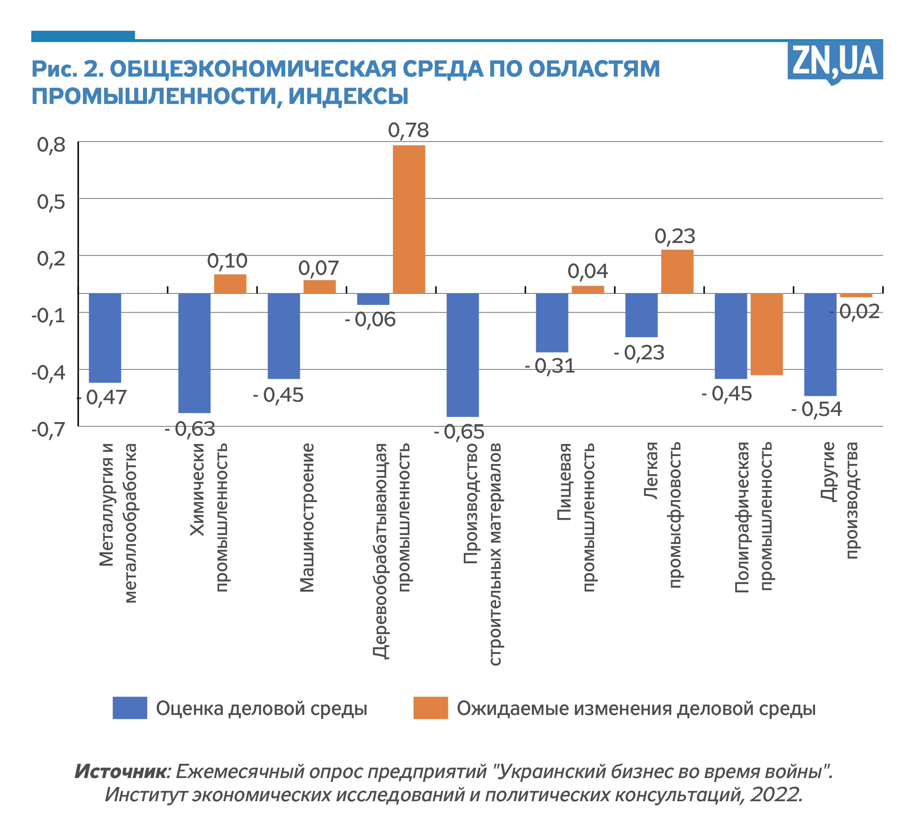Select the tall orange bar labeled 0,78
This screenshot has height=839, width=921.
point(409,219)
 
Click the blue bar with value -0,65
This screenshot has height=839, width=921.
point(462,355)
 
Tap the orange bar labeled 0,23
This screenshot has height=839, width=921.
point(677,271)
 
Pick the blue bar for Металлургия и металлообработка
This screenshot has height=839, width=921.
point(105,338)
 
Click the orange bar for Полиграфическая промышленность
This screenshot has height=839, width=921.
point(767,334)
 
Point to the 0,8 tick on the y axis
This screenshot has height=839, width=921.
point(51,145)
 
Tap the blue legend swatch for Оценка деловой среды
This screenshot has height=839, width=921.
point(130,708)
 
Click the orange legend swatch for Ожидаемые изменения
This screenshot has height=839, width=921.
point(431,708)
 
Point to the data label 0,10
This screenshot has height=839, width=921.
point(227,261)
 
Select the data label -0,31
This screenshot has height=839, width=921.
point(550,366)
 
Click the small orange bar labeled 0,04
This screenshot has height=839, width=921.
point(588,289)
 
